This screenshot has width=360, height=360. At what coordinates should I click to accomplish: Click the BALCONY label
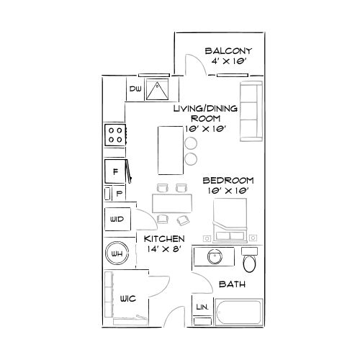228,51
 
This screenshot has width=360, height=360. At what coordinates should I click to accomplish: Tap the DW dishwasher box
135,89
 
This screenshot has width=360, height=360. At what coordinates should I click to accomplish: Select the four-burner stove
115,133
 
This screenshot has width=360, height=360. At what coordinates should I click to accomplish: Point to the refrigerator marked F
115,171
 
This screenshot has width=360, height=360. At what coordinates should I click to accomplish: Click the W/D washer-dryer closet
117,219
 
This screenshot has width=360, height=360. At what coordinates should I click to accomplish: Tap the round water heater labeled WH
116,253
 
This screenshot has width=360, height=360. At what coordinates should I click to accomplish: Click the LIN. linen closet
202,308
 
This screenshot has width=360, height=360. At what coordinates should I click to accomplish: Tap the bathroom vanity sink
214,256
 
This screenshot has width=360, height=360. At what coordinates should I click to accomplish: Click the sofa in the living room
250,111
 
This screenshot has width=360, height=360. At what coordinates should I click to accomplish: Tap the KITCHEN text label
164,239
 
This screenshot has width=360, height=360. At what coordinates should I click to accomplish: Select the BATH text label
233,284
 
